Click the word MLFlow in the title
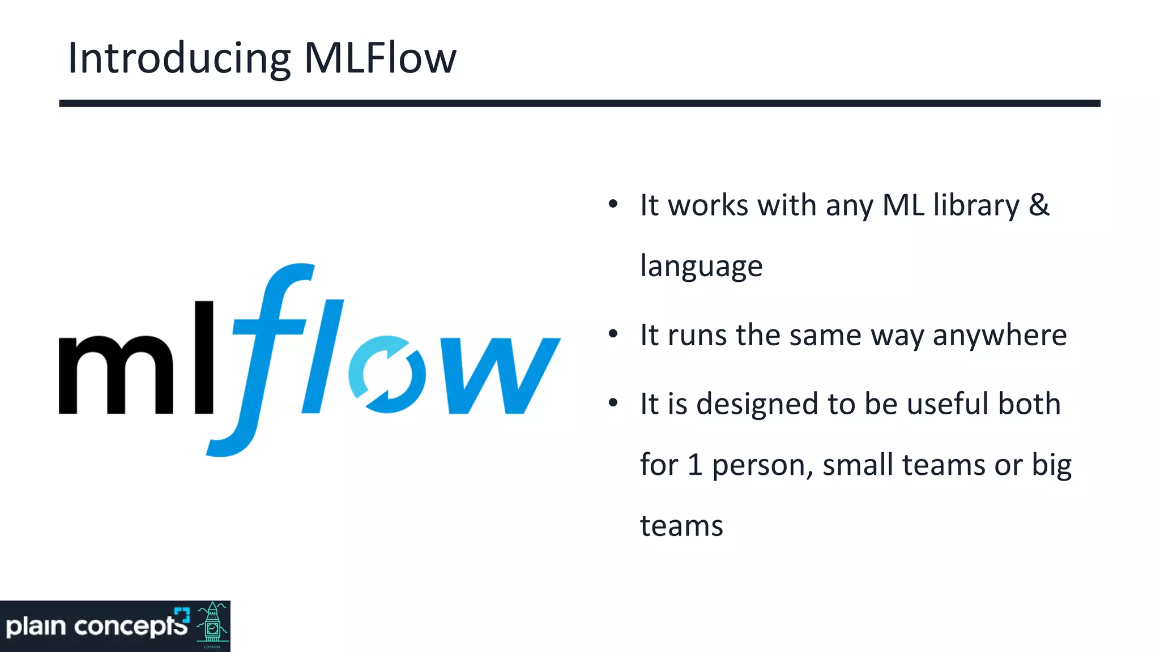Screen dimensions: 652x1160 380,58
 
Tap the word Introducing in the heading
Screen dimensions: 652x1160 179,59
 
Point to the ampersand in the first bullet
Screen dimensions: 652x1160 1039,204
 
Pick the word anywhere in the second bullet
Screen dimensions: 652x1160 1000,336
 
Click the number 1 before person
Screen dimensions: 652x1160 695,465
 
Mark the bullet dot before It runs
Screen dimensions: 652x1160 613,334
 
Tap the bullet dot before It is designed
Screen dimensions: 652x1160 613,403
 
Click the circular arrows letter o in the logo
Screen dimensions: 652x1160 387,374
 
